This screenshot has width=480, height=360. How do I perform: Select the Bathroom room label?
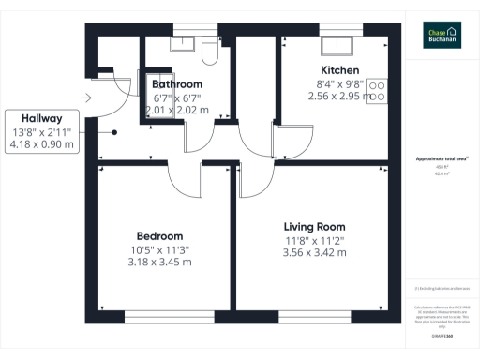[x=177, y=83]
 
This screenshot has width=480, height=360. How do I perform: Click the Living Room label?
[x=314, y=226]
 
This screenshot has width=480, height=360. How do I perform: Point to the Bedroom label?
[x=159, y=235]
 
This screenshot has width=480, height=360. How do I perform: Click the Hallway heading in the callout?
[x=37, y=118]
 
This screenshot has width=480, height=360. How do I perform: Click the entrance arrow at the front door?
[x=87, y=97]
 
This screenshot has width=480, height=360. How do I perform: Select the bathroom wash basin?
[x=179, y=43]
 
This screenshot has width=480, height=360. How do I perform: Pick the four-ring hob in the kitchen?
[x=379, y=90]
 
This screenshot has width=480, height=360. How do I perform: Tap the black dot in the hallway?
[x=113, y=132]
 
